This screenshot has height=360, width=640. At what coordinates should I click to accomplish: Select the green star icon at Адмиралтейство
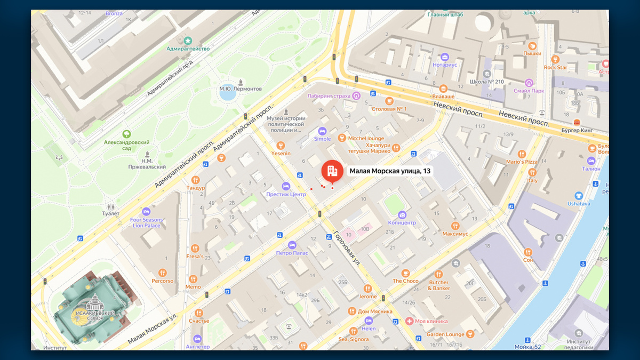click(188, 40)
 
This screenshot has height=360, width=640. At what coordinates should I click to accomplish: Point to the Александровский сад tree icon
click(127, 134)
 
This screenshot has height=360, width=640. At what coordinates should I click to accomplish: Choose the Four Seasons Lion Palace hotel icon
click(146, 211)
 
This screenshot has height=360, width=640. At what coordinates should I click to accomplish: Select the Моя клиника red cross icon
click(409, 321)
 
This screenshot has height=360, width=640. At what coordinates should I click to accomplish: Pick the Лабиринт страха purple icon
click(356, 96)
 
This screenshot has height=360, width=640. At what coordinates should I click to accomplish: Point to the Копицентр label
click(402, 222)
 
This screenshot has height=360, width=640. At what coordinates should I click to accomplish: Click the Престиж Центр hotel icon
click(286, 186)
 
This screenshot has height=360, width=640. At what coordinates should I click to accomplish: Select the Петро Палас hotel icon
click(292, 245)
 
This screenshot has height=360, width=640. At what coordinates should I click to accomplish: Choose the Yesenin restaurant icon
click(281, 145)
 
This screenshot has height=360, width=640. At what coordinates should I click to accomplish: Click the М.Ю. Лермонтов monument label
click(241, 89)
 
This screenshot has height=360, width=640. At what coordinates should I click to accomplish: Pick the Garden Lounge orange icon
click(470, 334)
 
